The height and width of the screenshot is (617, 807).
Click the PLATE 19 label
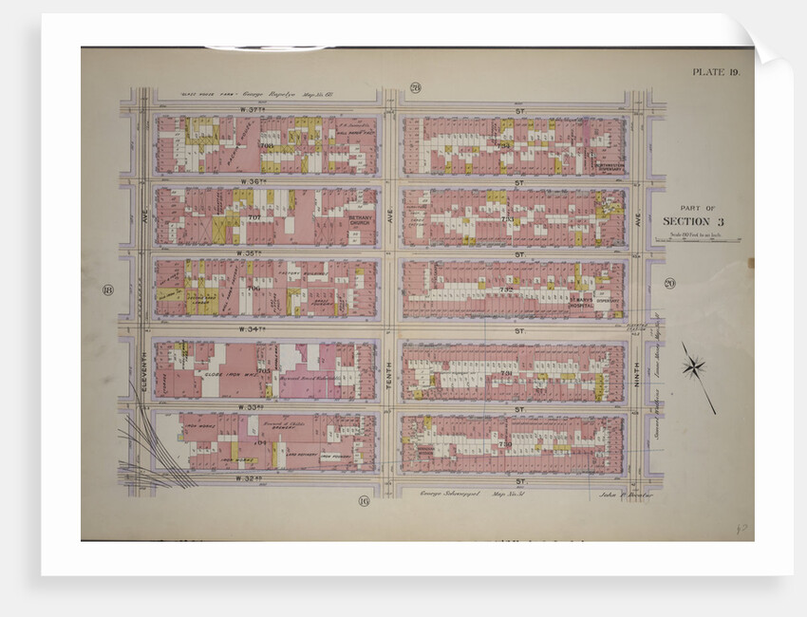[x=707, y=72]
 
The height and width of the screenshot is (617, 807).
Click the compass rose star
[x=694, y=366]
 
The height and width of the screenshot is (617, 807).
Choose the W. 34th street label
[x=250, y=329]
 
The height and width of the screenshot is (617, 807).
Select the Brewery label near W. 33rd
[x=266, y=424]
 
